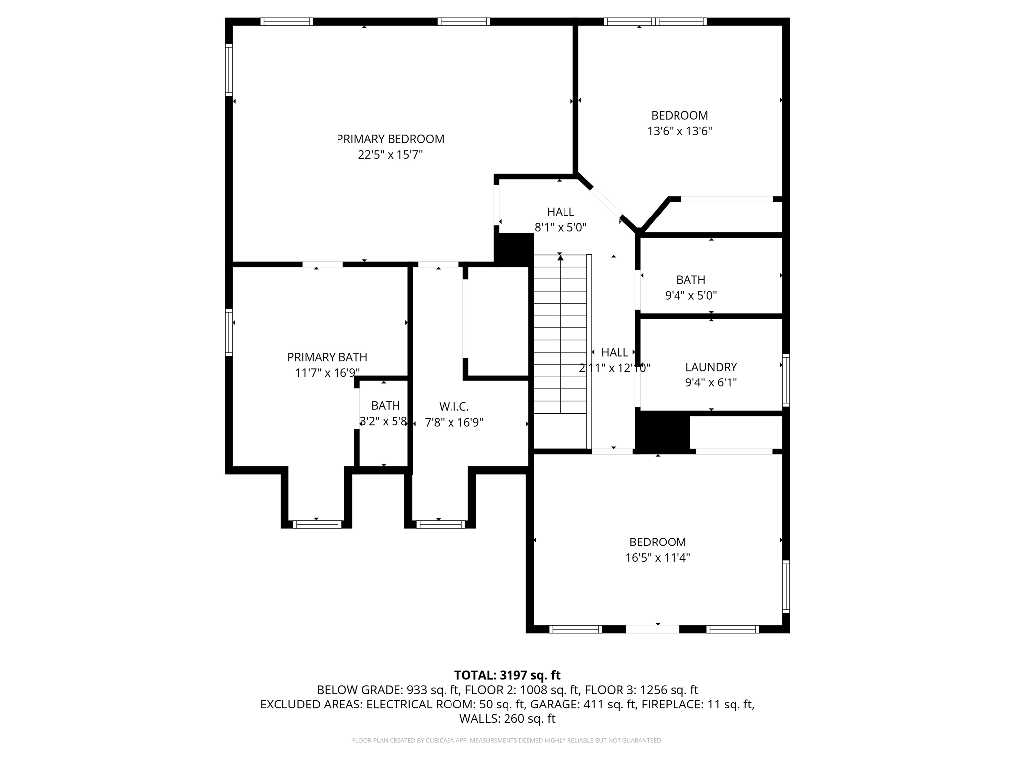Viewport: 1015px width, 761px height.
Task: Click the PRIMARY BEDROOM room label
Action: click(390, 139)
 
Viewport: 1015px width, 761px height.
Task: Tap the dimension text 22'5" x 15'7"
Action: click(390, 155)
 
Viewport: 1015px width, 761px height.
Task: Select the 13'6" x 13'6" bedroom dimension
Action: click(679, 131)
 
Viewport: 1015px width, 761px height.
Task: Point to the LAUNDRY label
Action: click(711, 367)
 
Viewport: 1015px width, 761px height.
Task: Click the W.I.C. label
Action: click(453, 407)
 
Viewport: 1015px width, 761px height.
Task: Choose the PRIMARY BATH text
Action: click(327, 357)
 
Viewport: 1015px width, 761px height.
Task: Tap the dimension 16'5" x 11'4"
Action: click(657, 558)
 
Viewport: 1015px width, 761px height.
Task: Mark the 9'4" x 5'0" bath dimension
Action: click(690, 296)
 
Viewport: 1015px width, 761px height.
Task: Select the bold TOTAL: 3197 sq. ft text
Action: click(507, 675)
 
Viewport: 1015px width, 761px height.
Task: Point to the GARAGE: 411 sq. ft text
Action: click(583, 704)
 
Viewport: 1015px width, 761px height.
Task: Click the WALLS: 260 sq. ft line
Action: click(507, 718)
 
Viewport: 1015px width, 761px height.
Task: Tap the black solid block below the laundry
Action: click(663, 432)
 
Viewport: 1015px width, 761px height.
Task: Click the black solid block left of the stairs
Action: click(514, 249)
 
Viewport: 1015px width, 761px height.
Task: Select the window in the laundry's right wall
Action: click(786, 380)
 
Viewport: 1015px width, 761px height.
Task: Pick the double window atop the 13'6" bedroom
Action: click(655, 22)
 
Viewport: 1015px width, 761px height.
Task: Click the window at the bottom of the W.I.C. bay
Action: click(441, 524)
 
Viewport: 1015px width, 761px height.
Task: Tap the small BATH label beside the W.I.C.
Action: click(385, 406)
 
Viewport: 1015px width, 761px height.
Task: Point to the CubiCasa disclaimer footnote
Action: click(507, 741)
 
